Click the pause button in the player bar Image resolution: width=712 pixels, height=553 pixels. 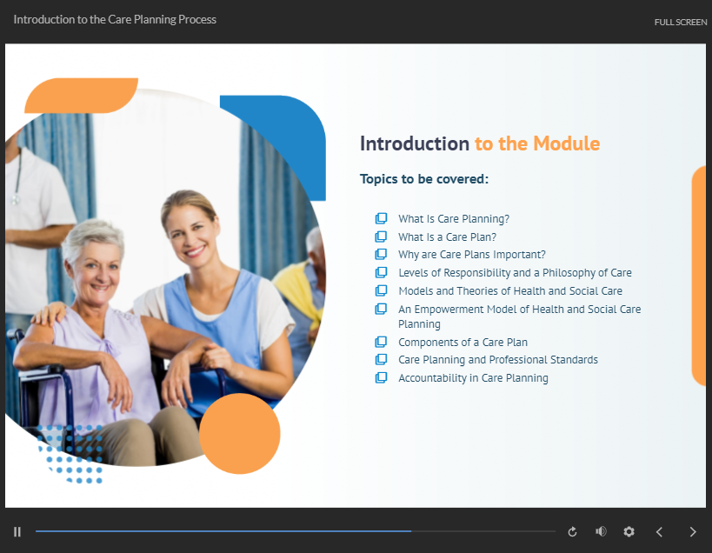pyautogui.click(x=17, y=531)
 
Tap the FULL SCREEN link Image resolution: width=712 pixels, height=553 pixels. pyautogui.click(x=680, y=23)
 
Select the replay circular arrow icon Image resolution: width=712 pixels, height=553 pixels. pyautogui.click(x=572, y=531)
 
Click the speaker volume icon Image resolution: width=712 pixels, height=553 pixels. pyautogui.click(x=601, y=531)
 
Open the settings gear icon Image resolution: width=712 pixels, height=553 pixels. pyautogui.click(x=629, y=531)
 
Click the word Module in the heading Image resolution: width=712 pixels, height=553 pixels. pyautogui.click(x=567, y=143)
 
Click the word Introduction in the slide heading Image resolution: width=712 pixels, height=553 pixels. pyautogui.click(x=415, y=143)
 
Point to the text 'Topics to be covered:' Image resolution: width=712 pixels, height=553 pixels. pyautogui.click(x=424, y=179)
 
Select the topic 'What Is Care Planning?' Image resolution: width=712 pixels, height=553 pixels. pyautogui.click(x=454, y=219)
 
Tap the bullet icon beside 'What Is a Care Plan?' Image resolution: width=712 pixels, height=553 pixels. pyautogui.click(x=381, y=237)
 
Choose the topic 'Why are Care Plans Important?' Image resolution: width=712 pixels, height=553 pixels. pyautogui.click(x=472, y=254)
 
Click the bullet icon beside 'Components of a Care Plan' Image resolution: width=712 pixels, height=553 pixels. pyautogui.click(x=381, y=342)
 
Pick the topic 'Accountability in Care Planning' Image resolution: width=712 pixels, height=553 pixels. pyautogui.click(x=473, y=377)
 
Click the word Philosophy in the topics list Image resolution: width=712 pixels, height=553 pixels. pyautogui.click(x=569, y=273)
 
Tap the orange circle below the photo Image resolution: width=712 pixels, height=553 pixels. pyautogui.click(x=240, y=434)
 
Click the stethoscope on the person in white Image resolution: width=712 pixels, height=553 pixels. pyautogui.click(x=17, y=177)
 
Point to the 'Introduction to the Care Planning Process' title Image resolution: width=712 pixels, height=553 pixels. pyautogui.click(x=115, y=19)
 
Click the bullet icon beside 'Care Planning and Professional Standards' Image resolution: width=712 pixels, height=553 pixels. pyautogui.click(x=381, y=360)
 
